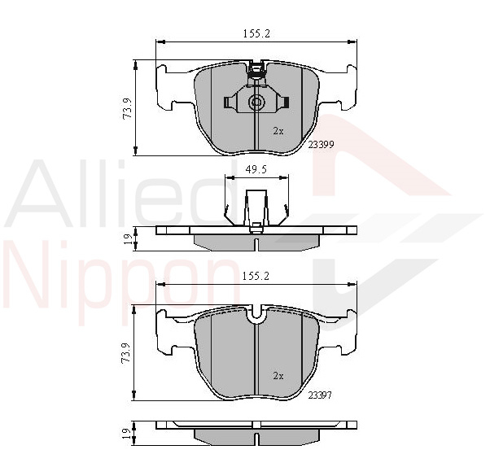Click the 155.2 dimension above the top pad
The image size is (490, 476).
(x=256, y=33)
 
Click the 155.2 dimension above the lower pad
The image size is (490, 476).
(x=256, y=276)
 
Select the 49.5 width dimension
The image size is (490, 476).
(x=256, y=169)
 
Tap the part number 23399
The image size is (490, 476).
(x=322, y=145)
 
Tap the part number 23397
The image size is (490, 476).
(x=320, y=395)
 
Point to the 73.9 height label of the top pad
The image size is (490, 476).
(x=128, y=108)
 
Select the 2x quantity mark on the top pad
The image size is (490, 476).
(x=278, y=131)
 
